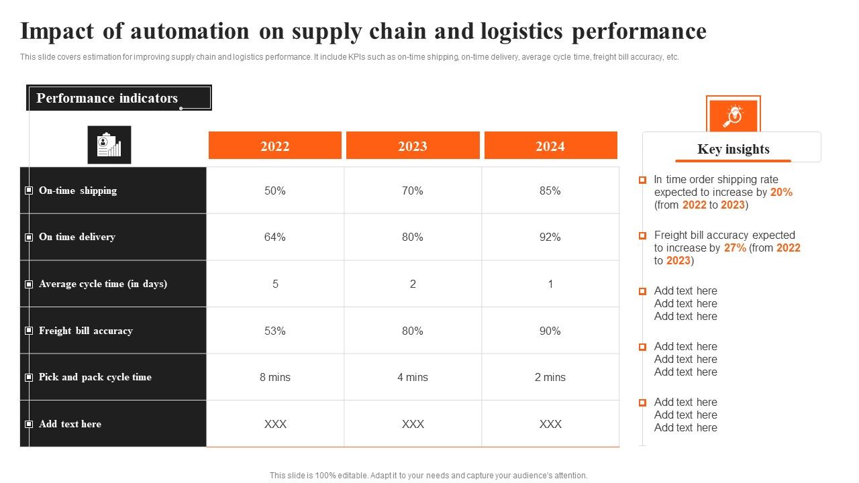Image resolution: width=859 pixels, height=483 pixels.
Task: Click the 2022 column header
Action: pos(275,146)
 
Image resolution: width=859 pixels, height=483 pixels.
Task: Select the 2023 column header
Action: pos(413,146)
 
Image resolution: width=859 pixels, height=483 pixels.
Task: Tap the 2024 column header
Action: pos(550,146)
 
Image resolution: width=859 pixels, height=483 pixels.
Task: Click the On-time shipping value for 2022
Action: pos(275,191)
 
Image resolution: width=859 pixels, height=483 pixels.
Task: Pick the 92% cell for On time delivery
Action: pos(550,237)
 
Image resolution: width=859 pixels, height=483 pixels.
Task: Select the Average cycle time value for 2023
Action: pos(413,284)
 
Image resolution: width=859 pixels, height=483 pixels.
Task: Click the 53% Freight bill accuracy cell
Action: pos(275,331)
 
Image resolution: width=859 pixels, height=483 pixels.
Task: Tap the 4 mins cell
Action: pos(413,377)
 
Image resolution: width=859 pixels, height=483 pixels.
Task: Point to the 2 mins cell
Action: pos(550,377)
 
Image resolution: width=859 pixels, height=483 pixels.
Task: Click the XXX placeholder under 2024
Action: pos(550,424)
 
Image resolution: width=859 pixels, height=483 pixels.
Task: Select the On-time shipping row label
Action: pos(78,191)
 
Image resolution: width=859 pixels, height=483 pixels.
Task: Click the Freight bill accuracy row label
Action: pos(86,331)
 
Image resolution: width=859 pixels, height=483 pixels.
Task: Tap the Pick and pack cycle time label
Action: pos(95,377)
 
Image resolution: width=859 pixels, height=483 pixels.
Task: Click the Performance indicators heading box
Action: pos(119,98)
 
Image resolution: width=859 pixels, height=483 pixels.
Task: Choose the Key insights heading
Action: pos(733,149)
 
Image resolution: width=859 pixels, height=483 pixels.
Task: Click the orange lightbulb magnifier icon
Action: pos(733,116)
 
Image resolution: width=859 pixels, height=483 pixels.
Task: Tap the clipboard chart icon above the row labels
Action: pos(109,145)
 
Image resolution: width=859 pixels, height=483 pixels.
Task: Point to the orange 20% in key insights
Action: pos(781,192)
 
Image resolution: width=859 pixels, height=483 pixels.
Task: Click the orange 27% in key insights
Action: pos(735,248)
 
